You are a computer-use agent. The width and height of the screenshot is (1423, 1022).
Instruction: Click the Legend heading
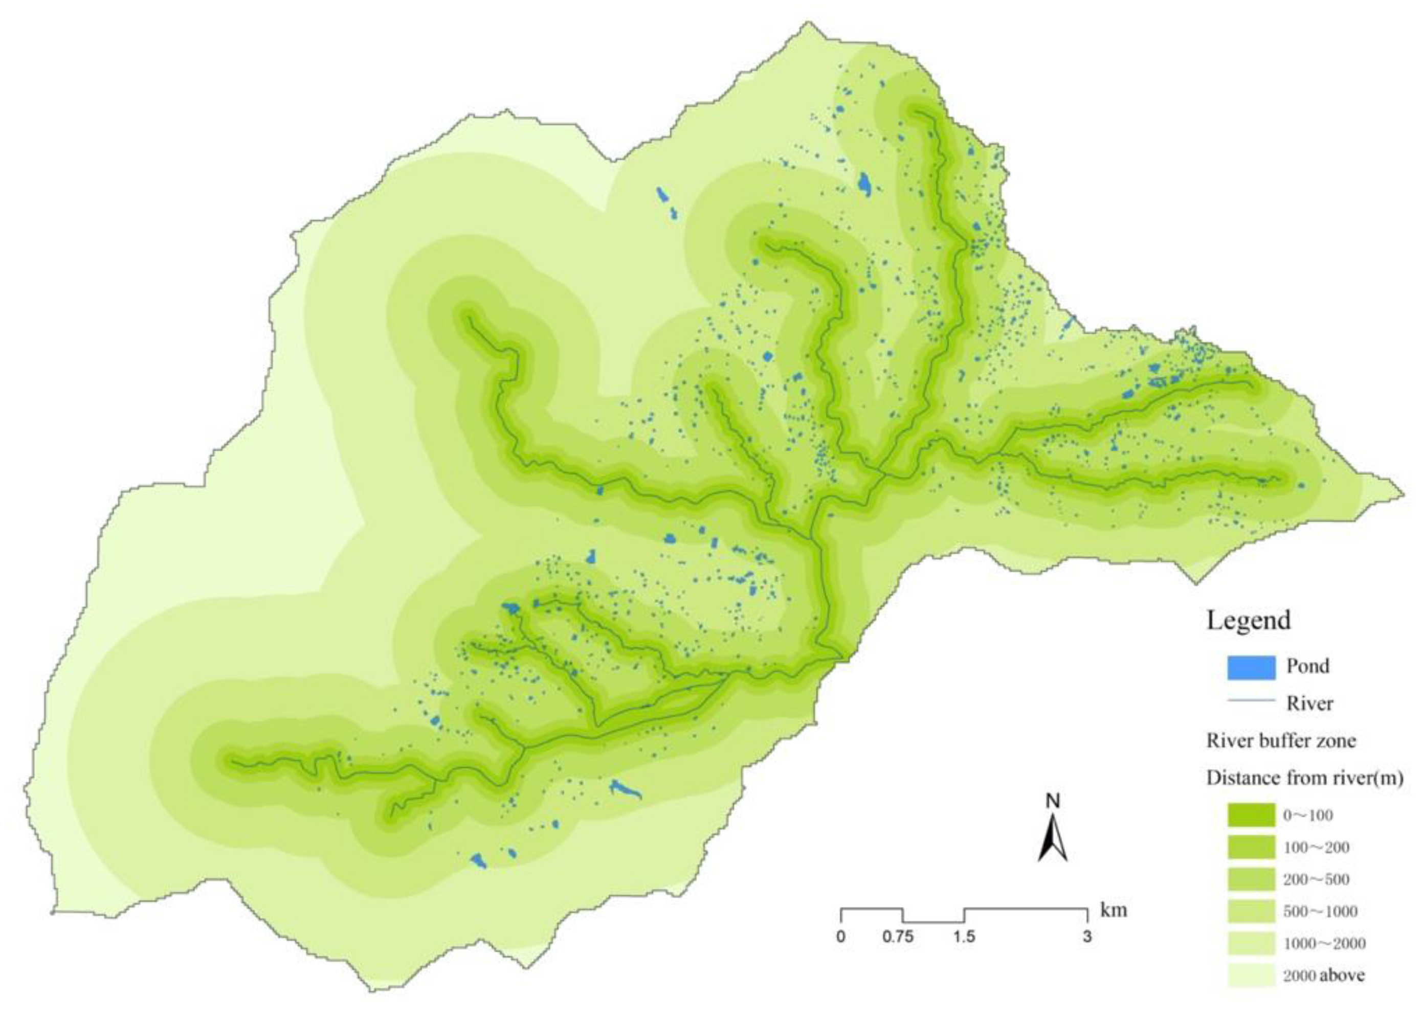pyautogui.click(x=1249, y=620)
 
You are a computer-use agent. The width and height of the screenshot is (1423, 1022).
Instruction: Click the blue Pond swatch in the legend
pyautogui.click(x=1252, y=668)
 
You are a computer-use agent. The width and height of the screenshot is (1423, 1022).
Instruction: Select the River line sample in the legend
pyautogui.click(x=1252, y=700)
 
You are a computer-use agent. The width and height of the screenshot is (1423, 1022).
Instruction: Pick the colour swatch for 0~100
pyautogui.click(x=1252, y=815)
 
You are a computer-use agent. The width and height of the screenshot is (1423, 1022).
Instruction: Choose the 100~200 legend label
pyautogui.click(x=1316, y=848)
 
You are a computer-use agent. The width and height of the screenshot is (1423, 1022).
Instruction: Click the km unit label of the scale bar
pyautogui.click(x=1114, y=910)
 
